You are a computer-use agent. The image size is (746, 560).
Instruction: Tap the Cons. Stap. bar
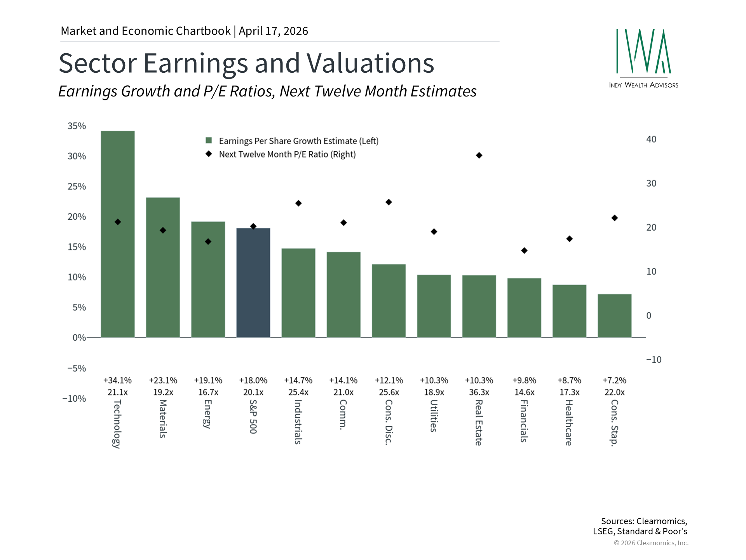click(x=614, y=316)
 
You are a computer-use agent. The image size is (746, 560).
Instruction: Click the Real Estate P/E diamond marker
click(x=479, y=156)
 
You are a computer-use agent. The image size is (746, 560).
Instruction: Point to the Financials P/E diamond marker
click(x=524, y=250)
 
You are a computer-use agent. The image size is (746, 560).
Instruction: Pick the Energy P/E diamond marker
click(x=208, y=242)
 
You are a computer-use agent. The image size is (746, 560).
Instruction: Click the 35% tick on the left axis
click(x=77, y=126)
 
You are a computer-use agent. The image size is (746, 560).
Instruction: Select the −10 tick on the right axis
click(x=654, y=360)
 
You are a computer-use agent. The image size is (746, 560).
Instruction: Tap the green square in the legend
click(x=209, y=140)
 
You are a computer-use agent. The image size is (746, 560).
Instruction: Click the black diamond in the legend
click(x=209, y=154)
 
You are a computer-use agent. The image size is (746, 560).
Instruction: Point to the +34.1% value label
click(x=118, y=380)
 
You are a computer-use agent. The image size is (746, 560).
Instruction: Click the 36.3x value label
click(x=479, y=392)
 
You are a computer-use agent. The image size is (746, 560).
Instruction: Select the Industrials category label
click(x=298, y=422)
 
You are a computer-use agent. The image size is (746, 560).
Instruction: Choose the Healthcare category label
click(x=569, y=423)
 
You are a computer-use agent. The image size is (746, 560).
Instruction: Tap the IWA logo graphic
click(x=643, y=52)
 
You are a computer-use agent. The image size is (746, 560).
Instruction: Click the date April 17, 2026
click(x=274, y=31)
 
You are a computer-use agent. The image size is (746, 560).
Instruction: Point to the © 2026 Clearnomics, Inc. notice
click(x=651, y=543)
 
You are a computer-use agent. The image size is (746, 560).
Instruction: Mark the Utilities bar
click(x=434, y=306)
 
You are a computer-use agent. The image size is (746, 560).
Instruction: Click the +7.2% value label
click(x=614, y=380)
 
